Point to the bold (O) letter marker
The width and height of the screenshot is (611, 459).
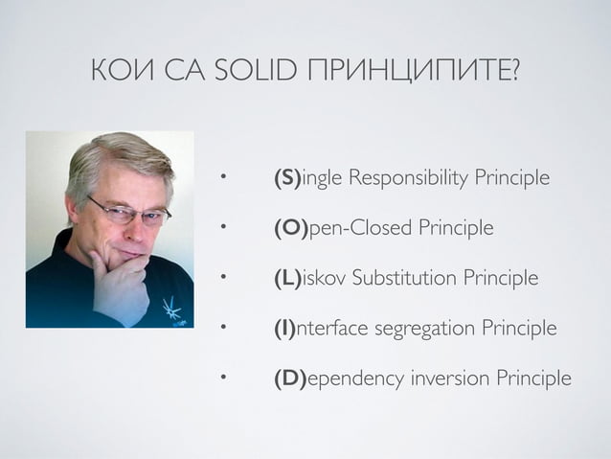click(x=289, y=228)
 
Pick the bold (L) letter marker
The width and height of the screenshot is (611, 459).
click(x=287, y=278)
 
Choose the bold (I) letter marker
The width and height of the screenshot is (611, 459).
click(x=284, y=328)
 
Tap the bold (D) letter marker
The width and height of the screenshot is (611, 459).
click(x=289, y=378)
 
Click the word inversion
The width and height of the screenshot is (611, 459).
click(x=450, y=378)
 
